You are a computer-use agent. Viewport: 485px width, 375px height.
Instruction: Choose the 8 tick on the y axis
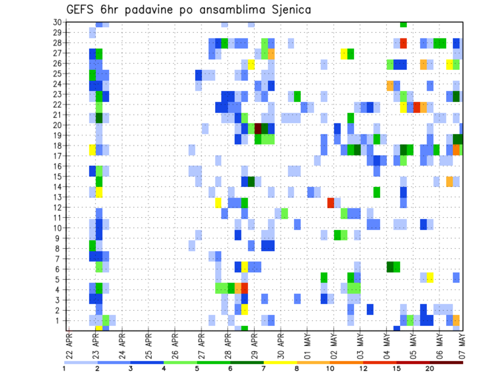(59, 248)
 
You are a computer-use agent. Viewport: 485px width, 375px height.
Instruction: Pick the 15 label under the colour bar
(397, 368)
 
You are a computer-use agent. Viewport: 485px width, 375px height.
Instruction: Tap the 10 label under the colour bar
(330, 368)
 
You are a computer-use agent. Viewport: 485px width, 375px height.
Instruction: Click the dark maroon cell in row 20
(258, 128)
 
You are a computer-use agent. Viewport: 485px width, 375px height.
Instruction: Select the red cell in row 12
(330, 202)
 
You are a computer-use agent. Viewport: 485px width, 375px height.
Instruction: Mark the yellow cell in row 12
(218, 202)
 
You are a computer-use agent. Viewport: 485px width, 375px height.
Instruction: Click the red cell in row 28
(403, 43)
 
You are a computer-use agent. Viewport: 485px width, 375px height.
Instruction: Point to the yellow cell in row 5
(430, 277)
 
